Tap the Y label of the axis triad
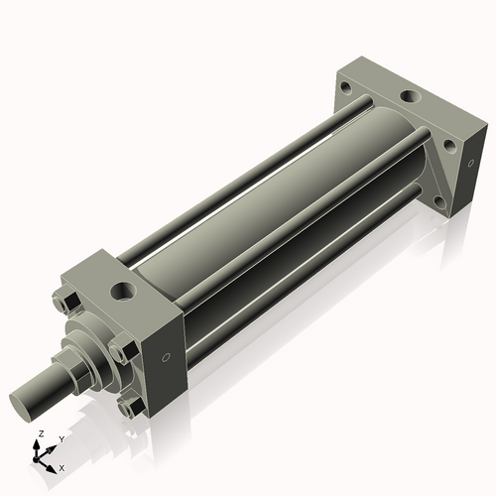[62, 438]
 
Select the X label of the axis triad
[62, 466]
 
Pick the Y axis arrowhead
[54, 445]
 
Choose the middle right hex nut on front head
[120, 350]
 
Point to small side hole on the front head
[166, 358]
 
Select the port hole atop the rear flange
[409, 98]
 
